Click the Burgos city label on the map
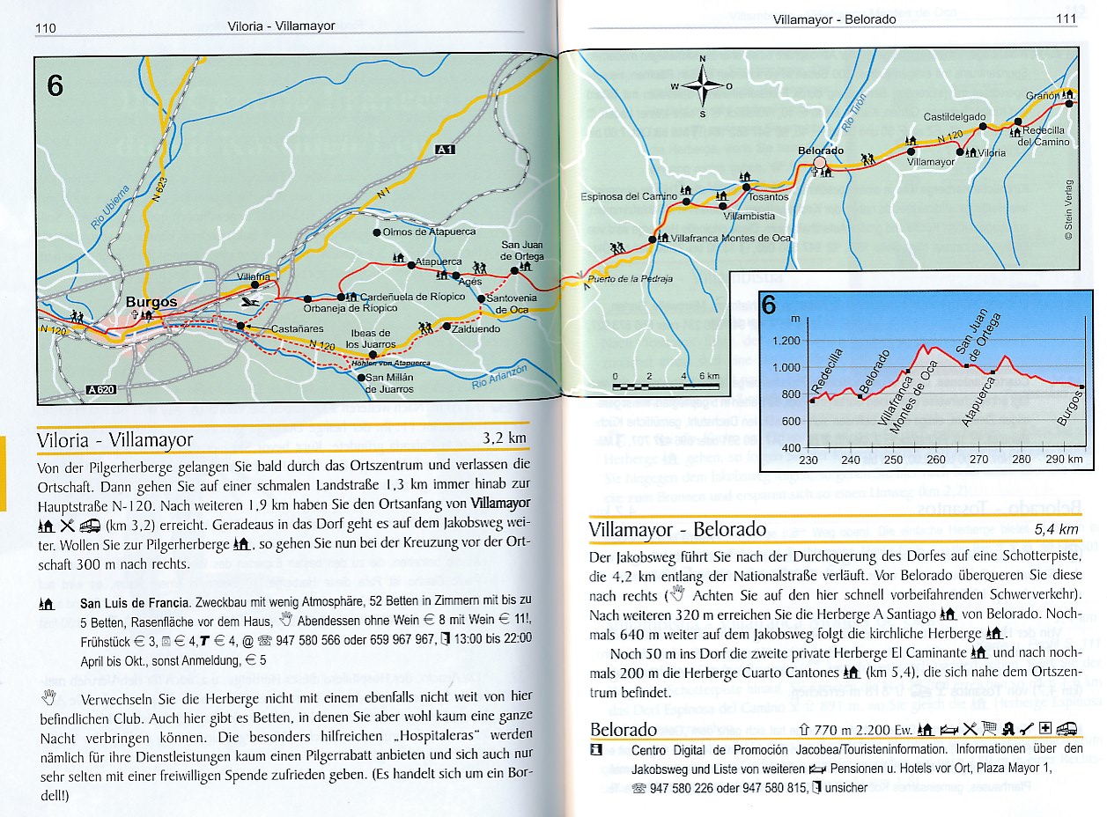tap(151, 302)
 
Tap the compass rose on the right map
tap(702, 86)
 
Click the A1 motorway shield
tap(446, 151)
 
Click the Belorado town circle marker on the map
tap(821, 163)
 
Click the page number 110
tap(46, 27)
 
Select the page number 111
tap(1065, 18)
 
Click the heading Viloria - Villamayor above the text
tap(114, 439)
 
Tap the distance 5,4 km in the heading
tap(1056, 529)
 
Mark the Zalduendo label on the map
tap(476, 328)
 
